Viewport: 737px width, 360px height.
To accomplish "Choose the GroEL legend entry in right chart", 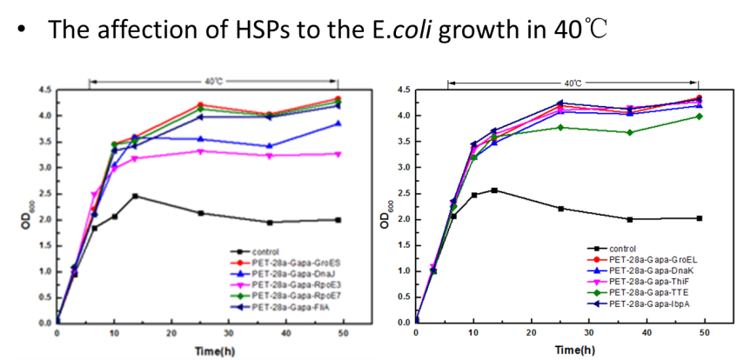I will click(647, 258).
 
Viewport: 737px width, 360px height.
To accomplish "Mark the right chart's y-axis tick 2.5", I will click(401, 193).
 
